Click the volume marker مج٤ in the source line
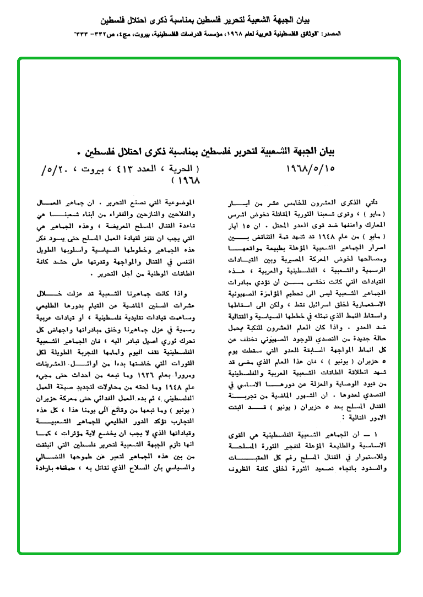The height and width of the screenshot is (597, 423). coord(128,34)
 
